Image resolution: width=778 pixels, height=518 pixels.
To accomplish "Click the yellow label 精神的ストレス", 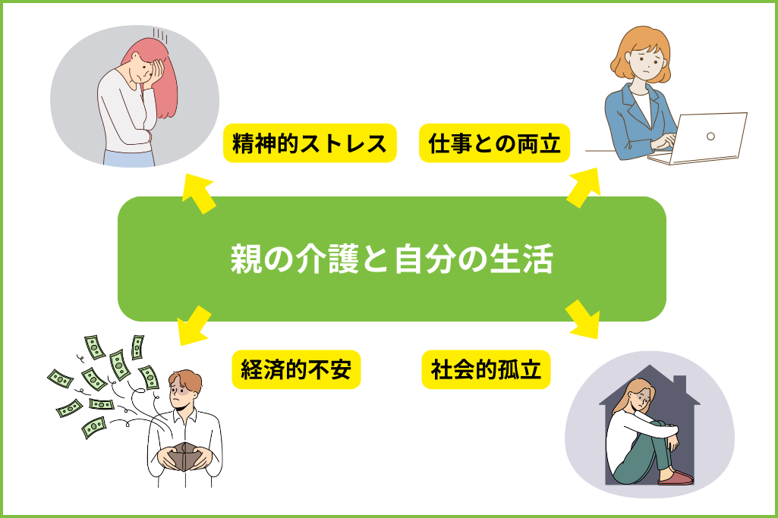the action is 310,143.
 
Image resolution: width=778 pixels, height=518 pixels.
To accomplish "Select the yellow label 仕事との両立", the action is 494,143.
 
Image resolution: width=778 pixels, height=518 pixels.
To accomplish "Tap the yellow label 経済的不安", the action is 296,369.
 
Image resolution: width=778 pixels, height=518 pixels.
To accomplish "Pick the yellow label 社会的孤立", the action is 486,369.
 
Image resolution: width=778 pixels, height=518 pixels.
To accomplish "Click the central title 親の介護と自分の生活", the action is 392,259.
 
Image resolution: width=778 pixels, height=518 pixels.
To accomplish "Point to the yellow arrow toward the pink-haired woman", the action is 197,193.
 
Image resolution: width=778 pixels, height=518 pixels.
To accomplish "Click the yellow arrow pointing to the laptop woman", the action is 584,187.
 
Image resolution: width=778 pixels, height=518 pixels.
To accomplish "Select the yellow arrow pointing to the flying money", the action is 194,325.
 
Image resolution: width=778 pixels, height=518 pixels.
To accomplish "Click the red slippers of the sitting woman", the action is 676,478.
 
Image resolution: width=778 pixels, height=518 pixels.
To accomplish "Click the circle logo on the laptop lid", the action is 710,137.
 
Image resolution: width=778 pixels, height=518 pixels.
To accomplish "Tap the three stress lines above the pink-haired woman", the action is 160,35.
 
